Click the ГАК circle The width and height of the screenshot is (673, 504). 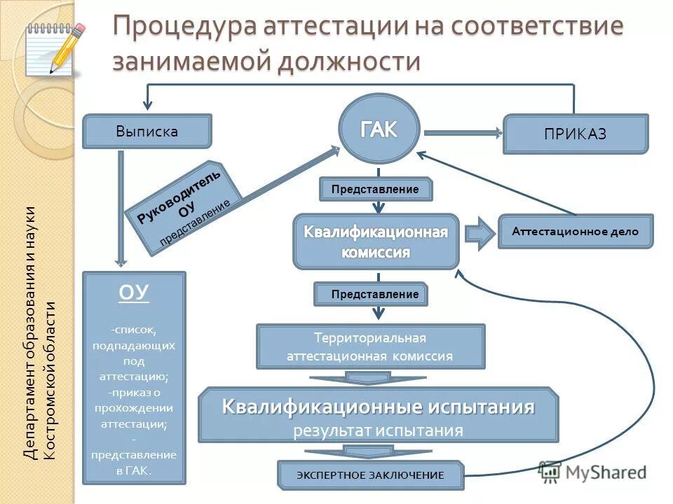(x=379, y=129)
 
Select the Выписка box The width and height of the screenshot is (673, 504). (x=147, y=132)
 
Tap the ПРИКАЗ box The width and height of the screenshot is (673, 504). (x=576, y=134)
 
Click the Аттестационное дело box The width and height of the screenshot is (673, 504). (x=575, y=232)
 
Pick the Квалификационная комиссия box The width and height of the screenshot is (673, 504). (x=376, y=241)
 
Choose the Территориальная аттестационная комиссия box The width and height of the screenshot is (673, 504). (x=370, y=346)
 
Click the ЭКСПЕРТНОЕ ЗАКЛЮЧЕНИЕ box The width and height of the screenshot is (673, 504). (x=371, y=475)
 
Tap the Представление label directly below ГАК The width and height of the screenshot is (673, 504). (x=376, y=189)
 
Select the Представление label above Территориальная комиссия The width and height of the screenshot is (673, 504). (x=369, y=295)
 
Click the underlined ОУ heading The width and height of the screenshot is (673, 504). (x=134, y=293)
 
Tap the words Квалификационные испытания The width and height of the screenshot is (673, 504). (x=379, y=407)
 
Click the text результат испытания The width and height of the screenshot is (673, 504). (x=379, y=430)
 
